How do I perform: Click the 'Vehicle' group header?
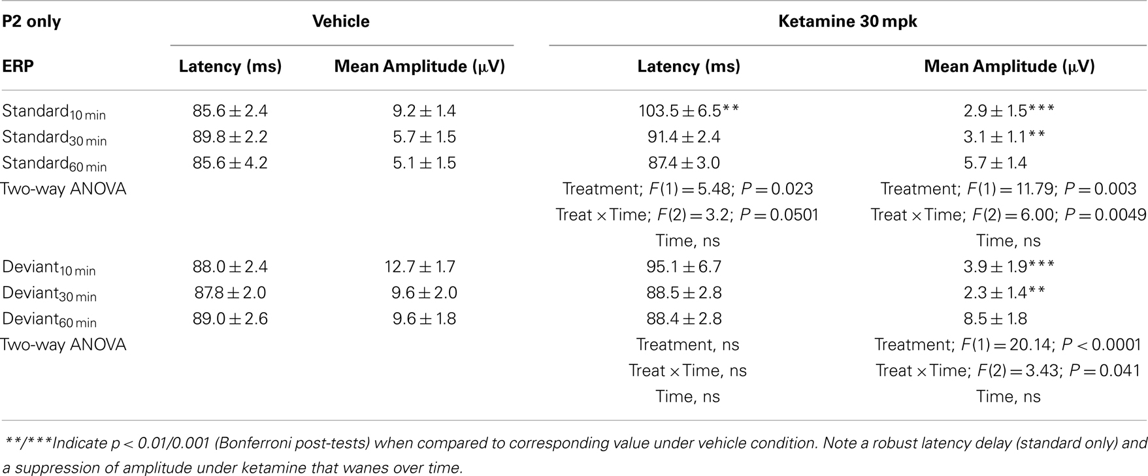340,22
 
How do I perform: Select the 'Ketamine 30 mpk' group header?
847,22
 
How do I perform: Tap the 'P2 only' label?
31,22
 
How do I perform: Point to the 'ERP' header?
18,67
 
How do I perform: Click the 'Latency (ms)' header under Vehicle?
230,67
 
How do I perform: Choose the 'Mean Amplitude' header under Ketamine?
1009,67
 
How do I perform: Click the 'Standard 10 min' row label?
54,112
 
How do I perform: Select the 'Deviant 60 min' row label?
49,319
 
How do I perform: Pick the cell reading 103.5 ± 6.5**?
688,111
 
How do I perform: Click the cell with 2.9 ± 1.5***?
1008,111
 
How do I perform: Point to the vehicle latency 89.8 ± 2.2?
230,137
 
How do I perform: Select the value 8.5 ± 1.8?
995,319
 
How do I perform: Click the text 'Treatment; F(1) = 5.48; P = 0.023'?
687,189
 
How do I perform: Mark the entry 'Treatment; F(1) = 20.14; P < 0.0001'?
1008,345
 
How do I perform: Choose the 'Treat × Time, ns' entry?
687,371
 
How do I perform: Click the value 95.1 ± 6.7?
683,267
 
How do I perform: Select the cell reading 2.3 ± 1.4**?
1004,293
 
